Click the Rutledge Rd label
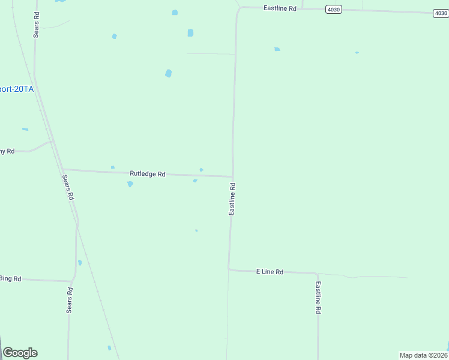click(147, 174)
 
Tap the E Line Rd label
click(270, 272)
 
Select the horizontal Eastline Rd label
click(280, 8)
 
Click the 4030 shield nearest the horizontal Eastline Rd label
click(334, 8)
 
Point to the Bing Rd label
click(10, 278)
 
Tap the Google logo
click(20, 353)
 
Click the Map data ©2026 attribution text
click(424, 355)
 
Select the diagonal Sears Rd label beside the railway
click(68, 187)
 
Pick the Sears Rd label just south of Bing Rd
click(70, 300)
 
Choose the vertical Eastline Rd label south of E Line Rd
click(318, 298)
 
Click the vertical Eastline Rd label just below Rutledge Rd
click(232, 199)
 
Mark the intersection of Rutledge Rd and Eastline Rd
click(233, 177)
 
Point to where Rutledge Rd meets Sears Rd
click(62, 170)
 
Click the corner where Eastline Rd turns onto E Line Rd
click(229, 269)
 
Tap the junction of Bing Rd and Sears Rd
click(72, 281)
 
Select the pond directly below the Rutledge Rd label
click(130, 184)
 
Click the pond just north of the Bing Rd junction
click(79, 262)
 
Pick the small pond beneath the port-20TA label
click(25, 129)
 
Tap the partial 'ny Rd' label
click(7, 151)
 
